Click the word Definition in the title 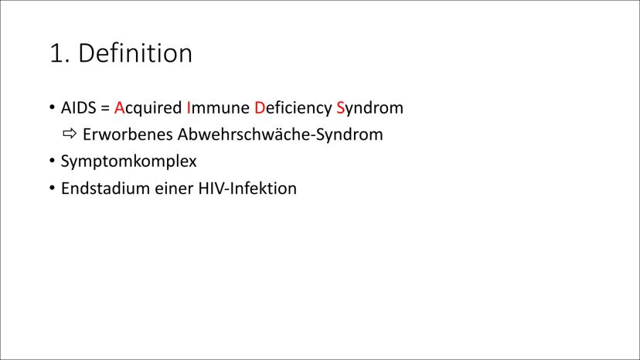coord(134,53)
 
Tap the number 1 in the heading coord(56,53)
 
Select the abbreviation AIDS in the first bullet coord(78,107)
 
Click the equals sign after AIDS coord(105,108)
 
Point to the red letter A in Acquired coord(119,107)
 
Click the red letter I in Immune coord(189,107)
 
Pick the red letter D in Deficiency coord(260,107)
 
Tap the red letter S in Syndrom coord(340,107)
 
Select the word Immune coord(218,107)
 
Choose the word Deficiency coord(293,109)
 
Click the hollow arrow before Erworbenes coord(70,134)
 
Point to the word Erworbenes coord(128,134)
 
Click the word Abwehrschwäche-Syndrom coord(281,135)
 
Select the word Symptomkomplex coord(128,161)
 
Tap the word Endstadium coord(105,188)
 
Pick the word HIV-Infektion coord(248,188)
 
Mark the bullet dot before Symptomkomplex coord(53,161)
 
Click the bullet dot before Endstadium coord(53,188)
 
